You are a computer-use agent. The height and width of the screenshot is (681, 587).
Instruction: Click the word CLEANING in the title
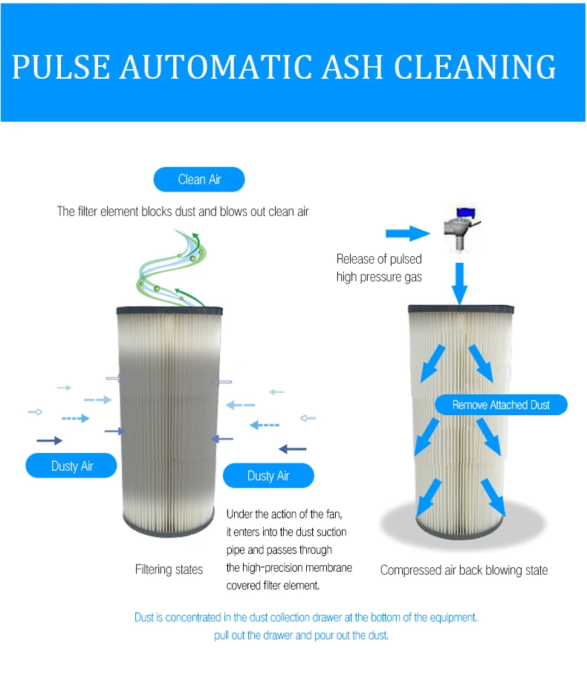coord(476,67)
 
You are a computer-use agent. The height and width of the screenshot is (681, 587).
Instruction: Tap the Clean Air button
coord(199,180)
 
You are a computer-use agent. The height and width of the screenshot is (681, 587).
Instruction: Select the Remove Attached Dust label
coord(502,405)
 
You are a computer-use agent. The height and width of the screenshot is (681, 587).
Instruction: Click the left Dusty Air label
coord(72,466)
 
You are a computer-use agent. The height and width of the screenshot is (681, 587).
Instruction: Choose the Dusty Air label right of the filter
coord(268,475)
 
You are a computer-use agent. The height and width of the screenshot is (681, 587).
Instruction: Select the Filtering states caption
coord(169,570)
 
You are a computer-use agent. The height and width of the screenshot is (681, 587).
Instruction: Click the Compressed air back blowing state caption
coord(464,570)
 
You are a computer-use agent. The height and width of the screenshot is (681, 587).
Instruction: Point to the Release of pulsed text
coord(379,259)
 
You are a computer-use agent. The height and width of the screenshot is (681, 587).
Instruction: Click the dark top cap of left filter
coord(170,308)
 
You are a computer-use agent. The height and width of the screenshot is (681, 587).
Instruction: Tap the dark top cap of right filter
coord(461,308)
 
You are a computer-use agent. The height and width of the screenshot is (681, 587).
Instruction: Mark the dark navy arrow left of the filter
coord(50,440)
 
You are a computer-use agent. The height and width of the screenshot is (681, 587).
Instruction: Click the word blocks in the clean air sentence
coord(160,212)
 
